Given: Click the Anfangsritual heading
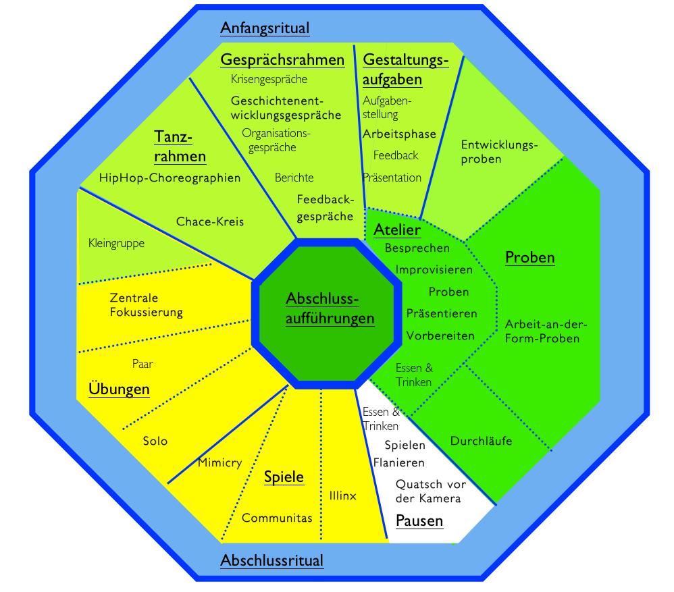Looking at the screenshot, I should coord(265,28).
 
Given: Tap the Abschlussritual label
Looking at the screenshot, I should coord(271,560).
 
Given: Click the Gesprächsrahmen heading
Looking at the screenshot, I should coord(282,60).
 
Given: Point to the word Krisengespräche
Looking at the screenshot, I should coord(269,80).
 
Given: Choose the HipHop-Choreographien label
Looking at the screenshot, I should coord(170,178).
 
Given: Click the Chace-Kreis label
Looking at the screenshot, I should coord(210,221).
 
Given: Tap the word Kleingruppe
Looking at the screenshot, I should coord(116,243).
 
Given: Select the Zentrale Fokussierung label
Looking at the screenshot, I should coord(146,304).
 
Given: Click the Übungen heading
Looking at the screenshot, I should coord(119,389).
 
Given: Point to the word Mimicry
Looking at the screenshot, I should coord(219,463).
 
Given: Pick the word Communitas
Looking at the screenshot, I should coord(277,518).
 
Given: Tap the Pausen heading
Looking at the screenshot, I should coord(419,521).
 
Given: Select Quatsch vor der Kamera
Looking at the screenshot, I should coord(428,491).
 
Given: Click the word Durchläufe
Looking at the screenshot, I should coord(481,441).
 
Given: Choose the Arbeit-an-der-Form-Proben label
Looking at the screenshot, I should coord(542,331).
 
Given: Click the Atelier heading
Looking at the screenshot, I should coord(397,230).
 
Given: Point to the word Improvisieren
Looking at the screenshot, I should coord(434,269).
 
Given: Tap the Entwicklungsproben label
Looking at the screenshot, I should coord(499,152).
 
